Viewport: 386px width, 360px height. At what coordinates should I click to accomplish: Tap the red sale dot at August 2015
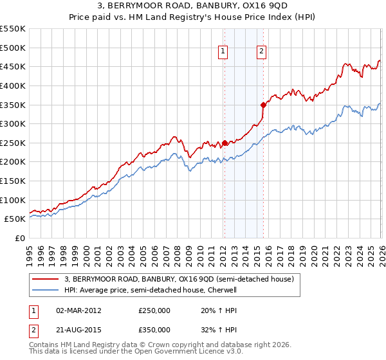[x=263, y=104]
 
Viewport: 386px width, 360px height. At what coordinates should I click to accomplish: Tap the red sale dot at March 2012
[x=224, y=143]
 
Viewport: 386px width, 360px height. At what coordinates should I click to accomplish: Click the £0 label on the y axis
[x=19, y=238]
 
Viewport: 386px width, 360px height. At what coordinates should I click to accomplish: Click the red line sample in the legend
[x=46, y=279]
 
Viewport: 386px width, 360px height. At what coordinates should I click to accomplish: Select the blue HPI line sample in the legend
[x=46, y=290]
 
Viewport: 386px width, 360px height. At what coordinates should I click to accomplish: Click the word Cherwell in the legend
[x=223, y=290]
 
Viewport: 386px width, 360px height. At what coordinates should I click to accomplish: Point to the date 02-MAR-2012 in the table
[x=78, y=310]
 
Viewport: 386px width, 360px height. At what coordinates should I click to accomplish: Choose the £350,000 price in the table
[x=154, y=329]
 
